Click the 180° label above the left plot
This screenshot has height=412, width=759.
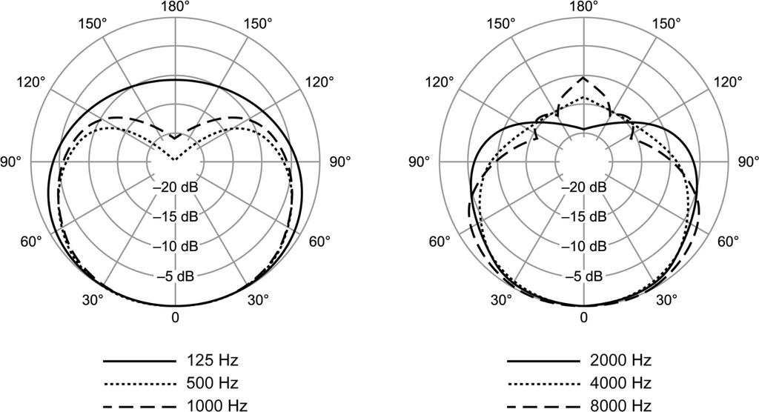click(x=175, y=7)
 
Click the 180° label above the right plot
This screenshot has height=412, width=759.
click(x=584, y=7)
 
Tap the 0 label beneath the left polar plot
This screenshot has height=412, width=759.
click(x=175, y=318)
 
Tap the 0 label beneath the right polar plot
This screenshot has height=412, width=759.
click(x=584, y=318)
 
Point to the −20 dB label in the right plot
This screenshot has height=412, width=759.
click(x=584, y=187)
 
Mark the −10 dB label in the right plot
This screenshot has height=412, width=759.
click(x=584, y=246)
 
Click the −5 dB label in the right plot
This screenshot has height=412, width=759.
click(x=584, y=276)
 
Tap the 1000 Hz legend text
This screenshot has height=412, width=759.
click(x=212, y=405)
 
